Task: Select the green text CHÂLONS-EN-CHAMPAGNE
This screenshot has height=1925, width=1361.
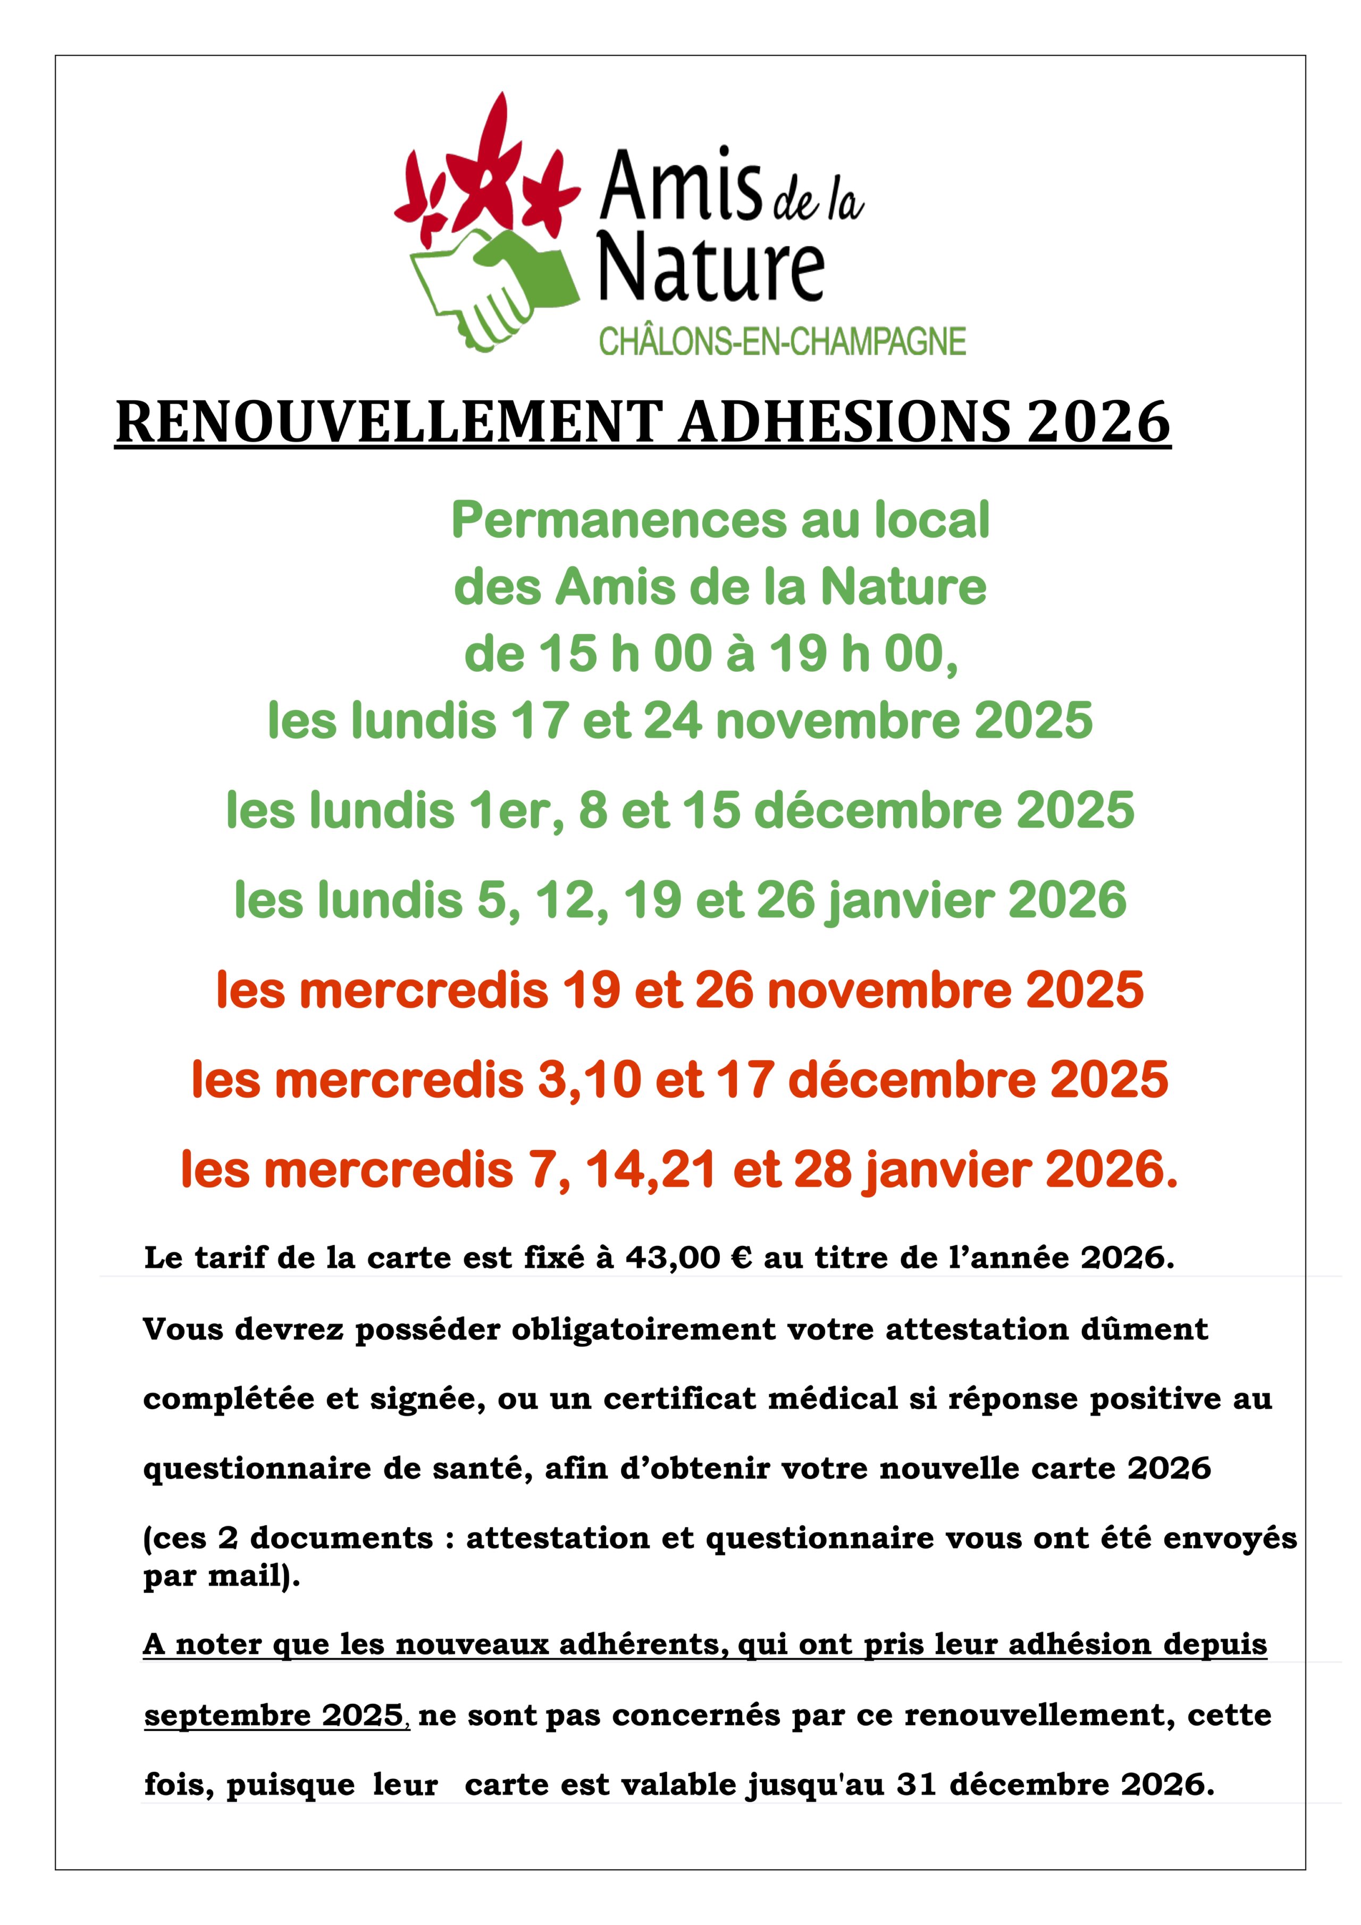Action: point(782,342)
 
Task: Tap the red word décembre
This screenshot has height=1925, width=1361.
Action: point(899,1080)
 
